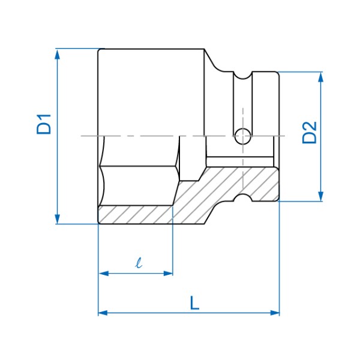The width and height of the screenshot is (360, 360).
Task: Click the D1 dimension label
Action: tap(44, 124)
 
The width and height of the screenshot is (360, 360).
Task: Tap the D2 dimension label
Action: tap(309, 133)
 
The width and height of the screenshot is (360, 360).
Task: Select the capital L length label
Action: tap(194, 303)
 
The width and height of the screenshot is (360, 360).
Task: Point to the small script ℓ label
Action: tap(139, 263)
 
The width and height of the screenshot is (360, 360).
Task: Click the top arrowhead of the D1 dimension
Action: tap(58, 54)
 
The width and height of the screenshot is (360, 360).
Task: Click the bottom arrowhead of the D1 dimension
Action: tap(58, 219)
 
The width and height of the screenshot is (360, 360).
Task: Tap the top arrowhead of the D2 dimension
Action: tap(321, 77)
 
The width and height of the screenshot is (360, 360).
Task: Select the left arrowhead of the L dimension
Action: tap(103, 313)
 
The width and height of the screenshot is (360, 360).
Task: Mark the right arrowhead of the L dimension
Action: tap(275, 313)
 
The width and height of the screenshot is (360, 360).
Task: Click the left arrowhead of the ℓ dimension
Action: tap(103, 274)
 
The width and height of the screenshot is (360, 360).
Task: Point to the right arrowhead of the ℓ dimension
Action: tap(168, 274)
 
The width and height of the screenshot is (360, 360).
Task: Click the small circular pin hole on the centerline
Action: tap(242, 136)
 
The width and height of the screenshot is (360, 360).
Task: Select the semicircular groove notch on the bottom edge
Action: tap(242, 197)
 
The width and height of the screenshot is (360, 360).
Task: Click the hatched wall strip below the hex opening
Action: tap(136, 215)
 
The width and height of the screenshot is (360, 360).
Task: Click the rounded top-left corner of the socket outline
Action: tap(99, 50)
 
